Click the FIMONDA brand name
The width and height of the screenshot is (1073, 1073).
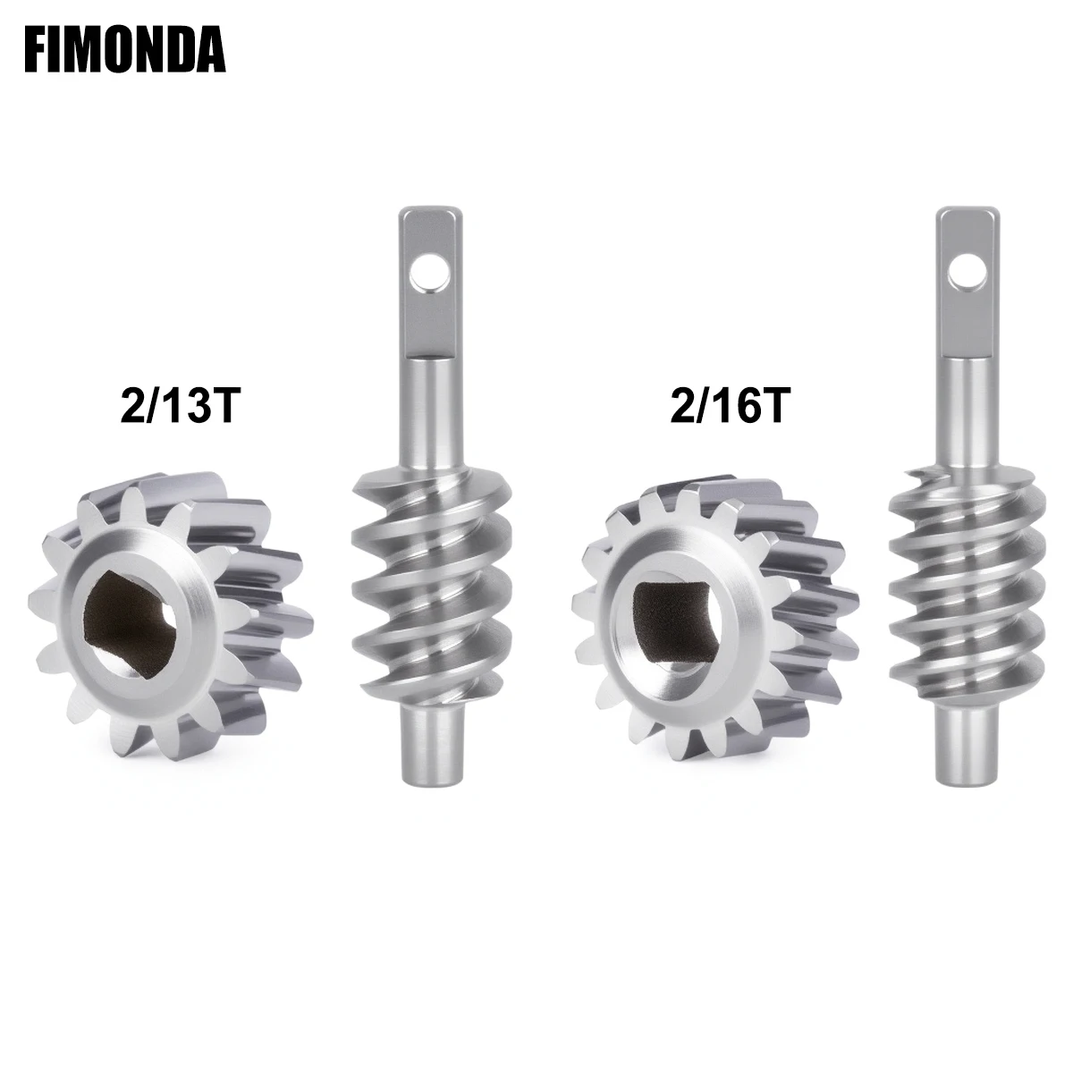point(125,52)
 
